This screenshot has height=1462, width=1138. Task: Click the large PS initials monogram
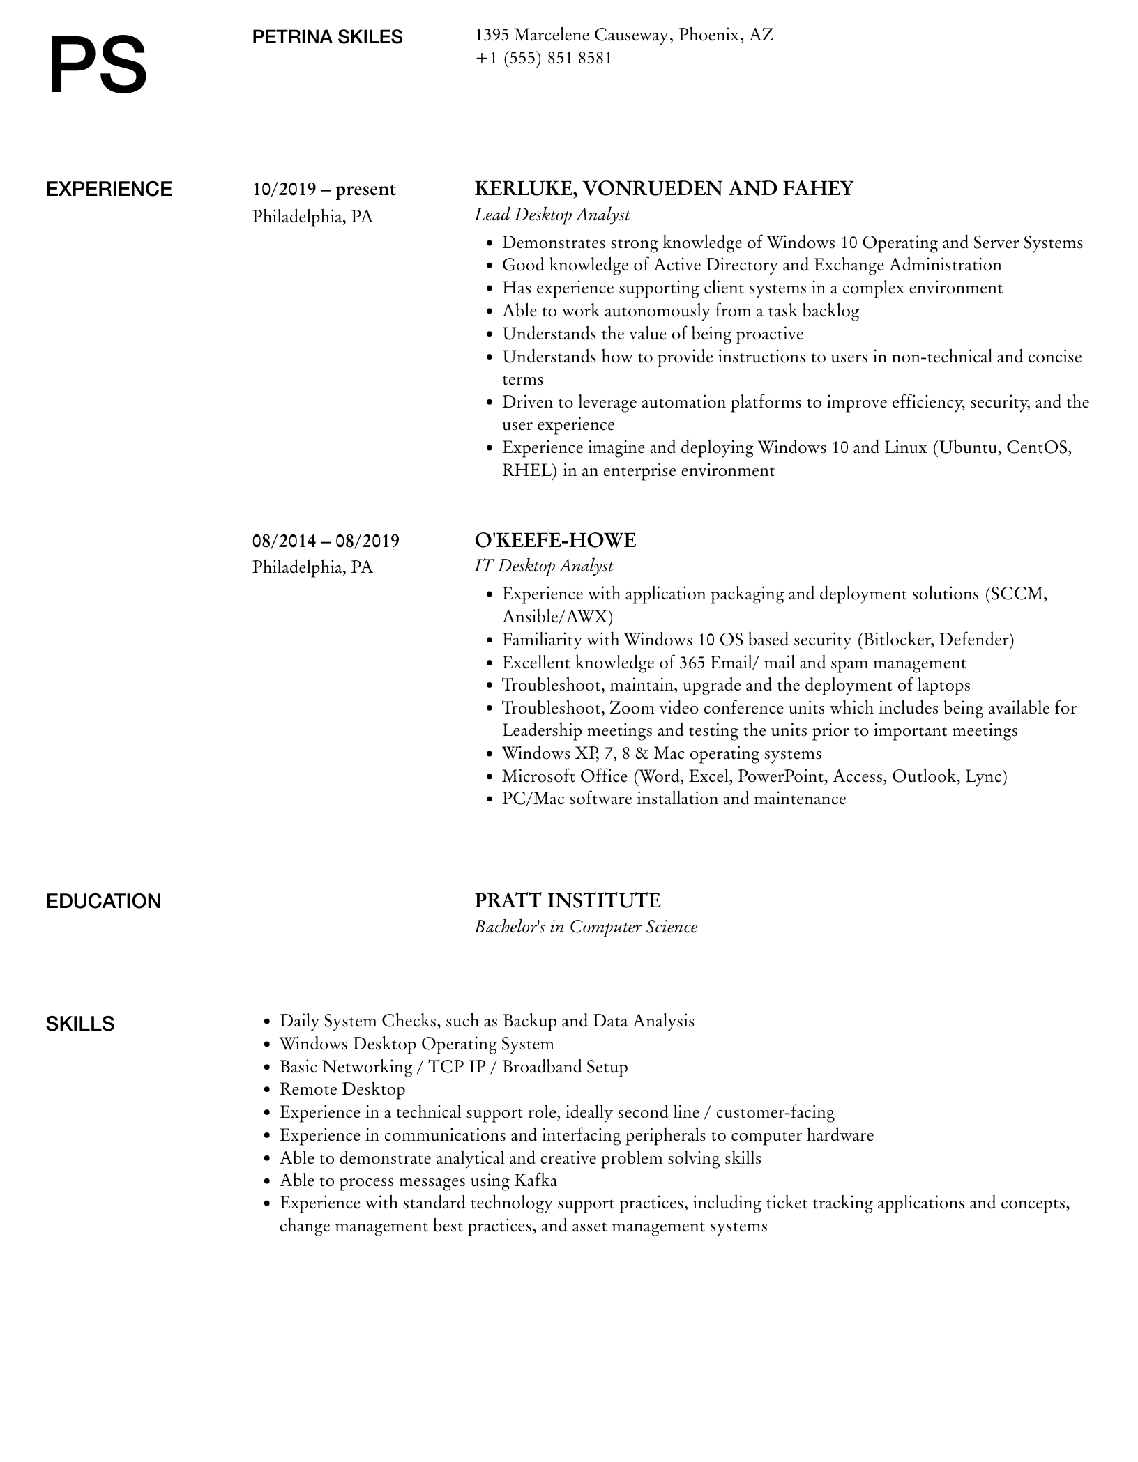pos(98,66)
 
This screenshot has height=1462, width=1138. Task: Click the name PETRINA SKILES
pos(327,38)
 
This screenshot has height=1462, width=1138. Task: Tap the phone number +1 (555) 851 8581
pos(543,58)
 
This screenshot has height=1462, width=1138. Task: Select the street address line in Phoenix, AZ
pos(623,35)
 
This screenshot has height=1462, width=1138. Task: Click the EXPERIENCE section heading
pos(109,190)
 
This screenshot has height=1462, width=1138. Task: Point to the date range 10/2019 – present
pos(324,190)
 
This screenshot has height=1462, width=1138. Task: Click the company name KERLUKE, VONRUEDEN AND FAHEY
pos(663,189)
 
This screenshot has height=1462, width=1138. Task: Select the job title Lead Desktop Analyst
pos(552,215)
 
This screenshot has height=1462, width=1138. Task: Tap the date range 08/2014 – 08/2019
pos(326,541)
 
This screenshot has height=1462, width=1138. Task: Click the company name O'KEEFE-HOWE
pos(555,540)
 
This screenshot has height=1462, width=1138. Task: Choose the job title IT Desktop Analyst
pos(543,566)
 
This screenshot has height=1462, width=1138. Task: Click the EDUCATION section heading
pos(103,902)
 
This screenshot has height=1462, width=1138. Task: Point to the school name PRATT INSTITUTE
pos(567,901)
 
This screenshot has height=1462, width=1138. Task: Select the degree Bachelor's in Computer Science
pos(586,927)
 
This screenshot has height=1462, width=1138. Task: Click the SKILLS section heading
pos(80,1024)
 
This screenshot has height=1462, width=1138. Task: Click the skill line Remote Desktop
pos(342,1089)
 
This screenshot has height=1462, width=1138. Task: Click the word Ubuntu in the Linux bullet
pos(969,447)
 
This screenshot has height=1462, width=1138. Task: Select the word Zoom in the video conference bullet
pos(631,708)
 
